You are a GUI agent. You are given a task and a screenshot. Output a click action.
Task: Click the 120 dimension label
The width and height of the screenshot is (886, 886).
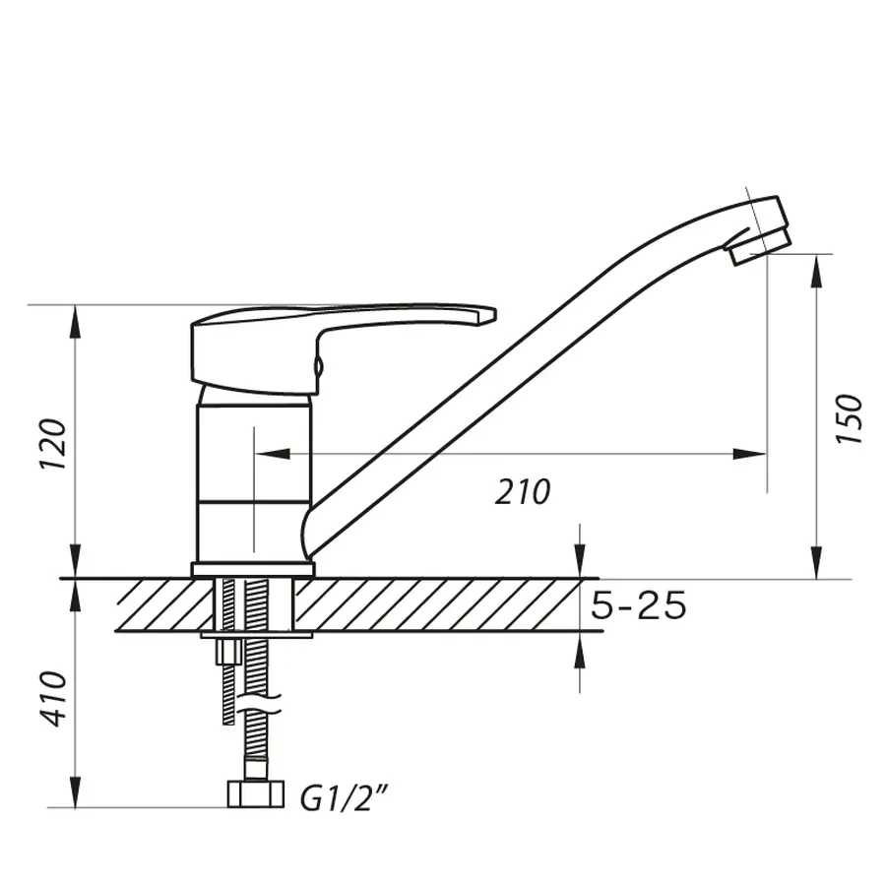55,444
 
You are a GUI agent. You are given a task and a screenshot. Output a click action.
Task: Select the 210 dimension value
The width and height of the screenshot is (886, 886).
523,492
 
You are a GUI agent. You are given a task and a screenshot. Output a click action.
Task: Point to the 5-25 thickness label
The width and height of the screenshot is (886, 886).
639,607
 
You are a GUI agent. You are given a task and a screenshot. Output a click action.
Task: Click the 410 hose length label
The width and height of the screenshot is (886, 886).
55,699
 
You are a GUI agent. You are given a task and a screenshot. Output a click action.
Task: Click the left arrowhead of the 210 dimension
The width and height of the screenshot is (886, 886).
268,453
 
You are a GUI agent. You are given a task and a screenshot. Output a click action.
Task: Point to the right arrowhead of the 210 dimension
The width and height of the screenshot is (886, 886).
753,453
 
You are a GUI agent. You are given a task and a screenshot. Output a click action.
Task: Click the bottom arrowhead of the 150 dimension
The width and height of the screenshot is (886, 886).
817,566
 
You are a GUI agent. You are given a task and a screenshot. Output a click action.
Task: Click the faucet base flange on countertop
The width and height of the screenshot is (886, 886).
252,569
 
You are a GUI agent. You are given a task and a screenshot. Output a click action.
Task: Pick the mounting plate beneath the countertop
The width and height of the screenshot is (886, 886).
256,635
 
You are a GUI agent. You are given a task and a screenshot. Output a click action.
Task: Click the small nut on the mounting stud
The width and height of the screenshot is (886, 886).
229,653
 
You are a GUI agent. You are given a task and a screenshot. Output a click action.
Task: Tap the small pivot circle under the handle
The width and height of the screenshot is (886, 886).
317,367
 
